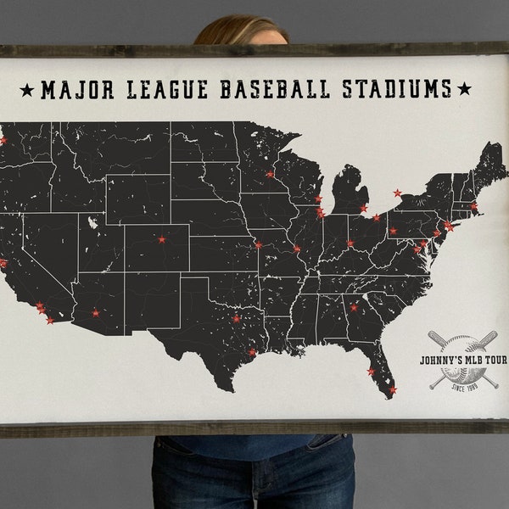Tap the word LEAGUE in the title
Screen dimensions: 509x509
point(164,88)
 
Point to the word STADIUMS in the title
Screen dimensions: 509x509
point(397,88)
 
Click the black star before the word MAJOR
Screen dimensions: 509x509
point(26,89)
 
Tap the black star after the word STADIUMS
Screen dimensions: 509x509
point(464,88)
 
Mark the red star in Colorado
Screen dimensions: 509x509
point(161,239)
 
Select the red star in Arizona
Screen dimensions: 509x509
point(95,313)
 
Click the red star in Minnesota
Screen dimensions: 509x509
point(270,174)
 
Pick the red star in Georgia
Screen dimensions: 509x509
point(354,307)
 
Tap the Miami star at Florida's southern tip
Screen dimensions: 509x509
point(392,390)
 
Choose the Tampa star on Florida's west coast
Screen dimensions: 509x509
point(371,372)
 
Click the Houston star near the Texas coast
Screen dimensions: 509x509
point(252,352)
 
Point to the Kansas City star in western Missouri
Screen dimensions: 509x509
point(258,244)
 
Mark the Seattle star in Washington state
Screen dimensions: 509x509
point(3,140)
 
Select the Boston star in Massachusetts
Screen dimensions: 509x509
point(473,206)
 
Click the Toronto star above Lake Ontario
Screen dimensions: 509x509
point(397,193)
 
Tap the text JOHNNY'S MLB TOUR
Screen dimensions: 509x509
point(463,360)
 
